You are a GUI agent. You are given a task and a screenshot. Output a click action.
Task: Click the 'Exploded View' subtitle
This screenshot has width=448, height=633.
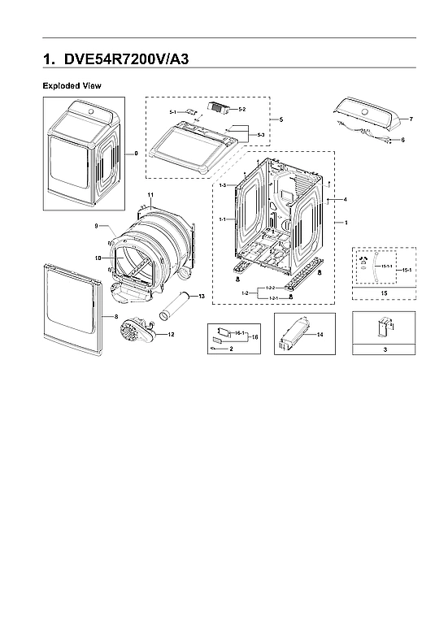pyautogui.click(x=72, y=85)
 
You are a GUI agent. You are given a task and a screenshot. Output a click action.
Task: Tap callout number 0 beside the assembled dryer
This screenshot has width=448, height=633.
pyautogui.click(x=136, y=152)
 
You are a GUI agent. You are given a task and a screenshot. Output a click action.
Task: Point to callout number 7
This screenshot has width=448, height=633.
pyautogui.click(x=411, y=119)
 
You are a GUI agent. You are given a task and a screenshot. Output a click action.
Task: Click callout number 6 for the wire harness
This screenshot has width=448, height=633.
pyautogui.click(x=402, y=140)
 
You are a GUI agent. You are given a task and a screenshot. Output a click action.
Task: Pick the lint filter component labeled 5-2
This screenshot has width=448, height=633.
pyautogui.click(x=216, y=106)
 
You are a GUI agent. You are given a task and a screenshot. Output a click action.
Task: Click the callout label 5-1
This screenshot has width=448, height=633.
pyautogui.click(x=173, y=111)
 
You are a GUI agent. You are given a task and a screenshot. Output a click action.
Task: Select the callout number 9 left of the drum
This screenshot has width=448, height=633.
pyautogui.click(x=96, y=225)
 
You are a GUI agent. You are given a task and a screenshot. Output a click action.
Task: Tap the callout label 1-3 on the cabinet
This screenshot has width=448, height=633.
pyautogui.click(x=222, y=186)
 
